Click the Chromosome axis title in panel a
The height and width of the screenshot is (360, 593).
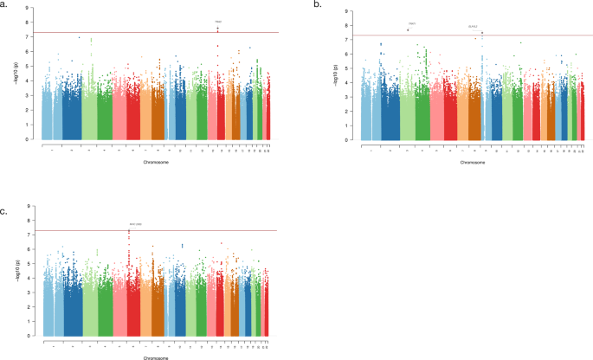tap(156, 161)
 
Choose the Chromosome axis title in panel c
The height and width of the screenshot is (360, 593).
tap(156, 359)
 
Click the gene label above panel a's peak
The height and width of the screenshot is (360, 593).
tap(218, 22)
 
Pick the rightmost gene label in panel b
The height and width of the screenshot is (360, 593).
tap(473, 27)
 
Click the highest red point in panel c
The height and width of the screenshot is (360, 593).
tap(129, 230)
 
